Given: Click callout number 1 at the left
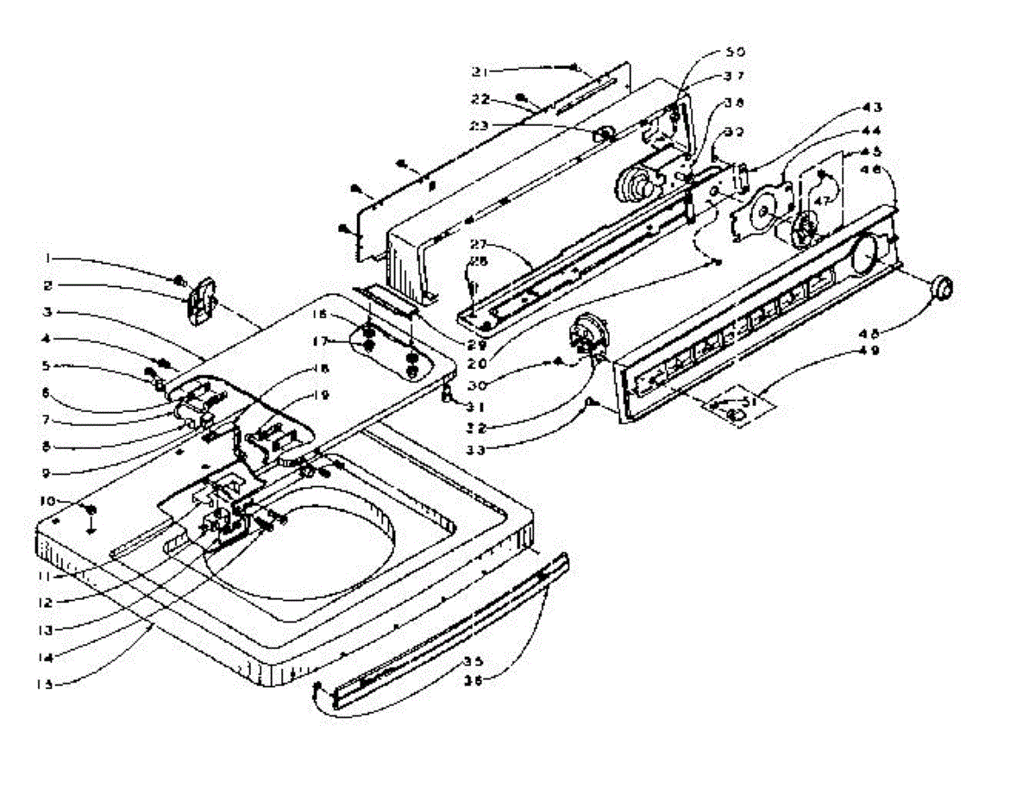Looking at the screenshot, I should click(50, 257).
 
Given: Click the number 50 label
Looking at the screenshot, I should click(735, 53).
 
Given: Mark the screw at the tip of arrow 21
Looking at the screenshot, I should click(575, 67).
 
